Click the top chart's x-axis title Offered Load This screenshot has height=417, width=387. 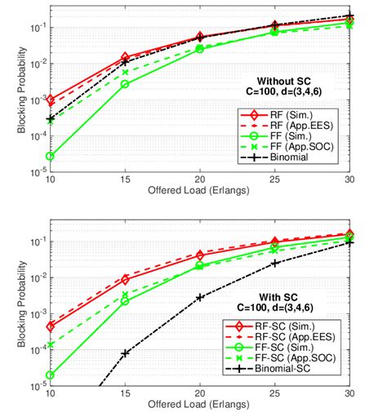tap(200, 190)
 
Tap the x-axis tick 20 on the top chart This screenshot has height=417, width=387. tap(200, 180)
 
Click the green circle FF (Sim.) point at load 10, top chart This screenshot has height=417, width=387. tap(51, 156)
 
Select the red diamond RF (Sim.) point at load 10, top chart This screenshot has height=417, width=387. tap(51, 100)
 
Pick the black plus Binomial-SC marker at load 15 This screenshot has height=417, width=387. tap(126, 353)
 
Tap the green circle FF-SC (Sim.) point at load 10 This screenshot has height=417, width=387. tap(51, 375)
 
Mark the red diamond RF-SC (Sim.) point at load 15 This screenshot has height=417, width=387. tap(126, 280)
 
